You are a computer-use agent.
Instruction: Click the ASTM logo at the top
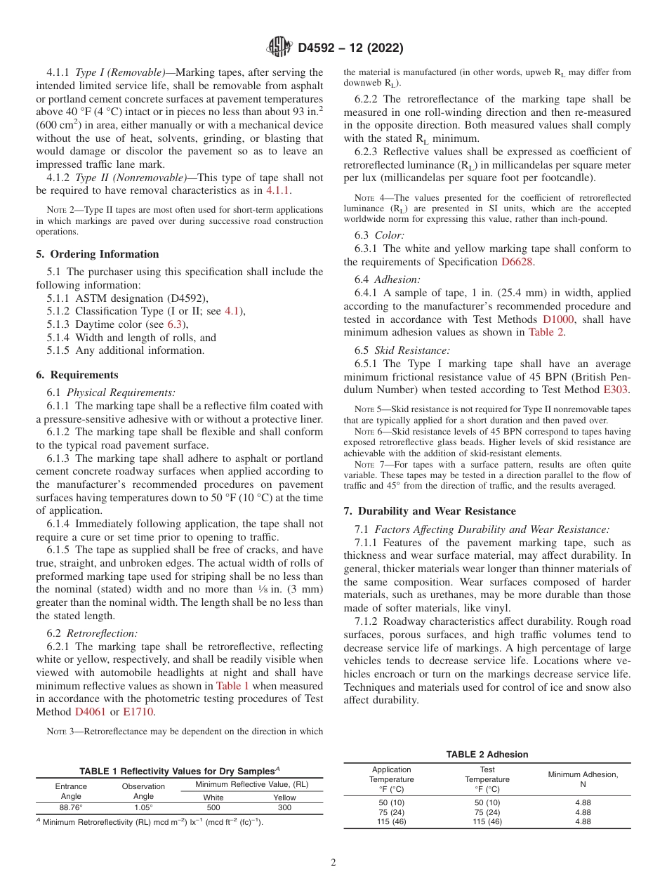point(279,48)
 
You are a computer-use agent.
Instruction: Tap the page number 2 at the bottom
point(333,863)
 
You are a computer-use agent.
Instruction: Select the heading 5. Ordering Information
point(98,254)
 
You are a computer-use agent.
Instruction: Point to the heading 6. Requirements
point(77,375)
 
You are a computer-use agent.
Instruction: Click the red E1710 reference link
point(137,712)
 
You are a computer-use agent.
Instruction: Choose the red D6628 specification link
point(517,262)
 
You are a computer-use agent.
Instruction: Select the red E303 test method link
point(617,389)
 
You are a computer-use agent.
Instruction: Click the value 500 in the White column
point(213,807)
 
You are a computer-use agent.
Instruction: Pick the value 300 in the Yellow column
point(284,807)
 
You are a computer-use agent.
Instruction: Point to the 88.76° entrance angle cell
point(71,807)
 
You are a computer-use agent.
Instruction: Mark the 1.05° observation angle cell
point(143,807)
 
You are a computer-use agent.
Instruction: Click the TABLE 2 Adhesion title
point(487,755)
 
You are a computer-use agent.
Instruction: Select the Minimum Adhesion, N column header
point(583,779)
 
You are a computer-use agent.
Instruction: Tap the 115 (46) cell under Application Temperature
point(391,821)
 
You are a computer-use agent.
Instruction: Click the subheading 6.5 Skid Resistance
point(402,350)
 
